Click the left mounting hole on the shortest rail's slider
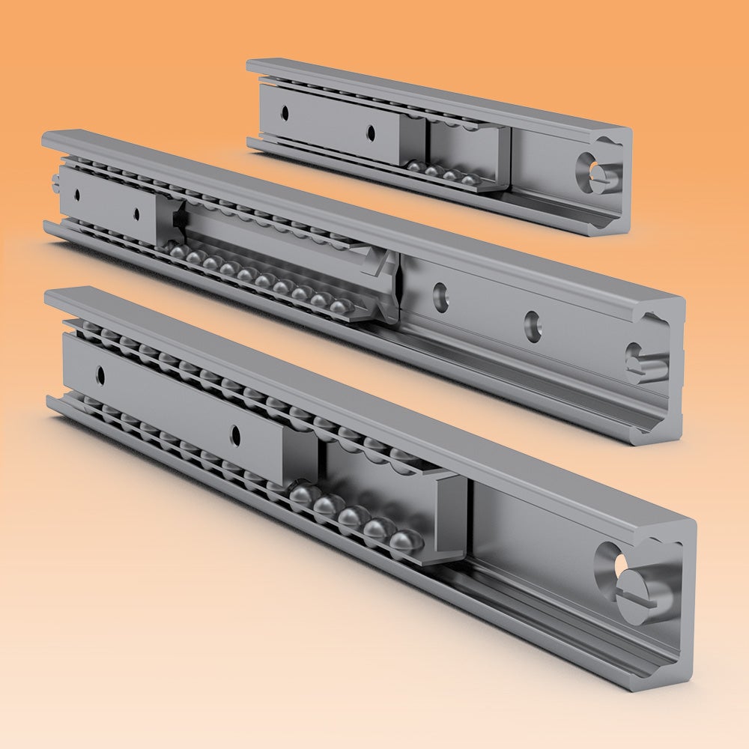pyautogui.click(x=285, y=112)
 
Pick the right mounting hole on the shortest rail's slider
pyautogui.click(x=370, y=133)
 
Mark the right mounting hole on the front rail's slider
pyautogui.click(x=235, y=434)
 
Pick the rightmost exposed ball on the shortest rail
pyautogui.click(x=469, y=181)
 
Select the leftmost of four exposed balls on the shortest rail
pyautogui.click(x=414, y=166)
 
